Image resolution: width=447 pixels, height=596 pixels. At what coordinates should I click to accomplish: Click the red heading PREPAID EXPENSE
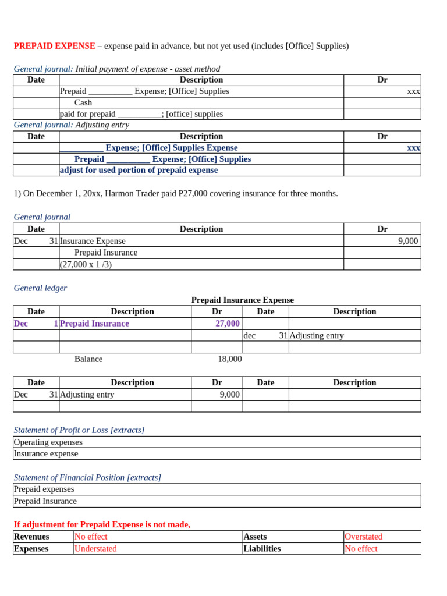(54, 46)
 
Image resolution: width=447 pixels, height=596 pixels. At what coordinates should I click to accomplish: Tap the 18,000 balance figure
(229, 359)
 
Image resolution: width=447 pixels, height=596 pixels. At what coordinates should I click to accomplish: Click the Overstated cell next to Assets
(363, 537)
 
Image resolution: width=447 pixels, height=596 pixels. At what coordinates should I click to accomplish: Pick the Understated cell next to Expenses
(95, 548)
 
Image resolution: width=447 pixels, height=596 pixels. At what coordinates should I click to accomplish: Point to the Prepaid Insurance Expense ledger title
(242, 300)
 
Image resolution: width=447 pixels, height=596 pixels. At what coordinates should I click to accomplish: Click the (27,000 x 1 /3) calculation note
(86, 264)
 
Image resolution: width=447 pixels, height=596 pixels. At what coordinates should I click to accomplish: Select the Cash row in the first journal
(83, 102)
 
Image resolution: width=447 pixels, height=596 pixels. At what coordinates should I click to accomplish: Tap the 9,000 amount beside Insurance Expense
(407, 241)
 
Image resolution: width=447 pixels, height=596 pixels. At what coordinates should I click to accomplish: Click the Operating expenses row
(48, 442)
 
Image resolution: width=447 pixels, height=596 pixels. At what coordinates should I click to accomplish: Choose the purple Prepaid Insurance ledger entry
(94, 324)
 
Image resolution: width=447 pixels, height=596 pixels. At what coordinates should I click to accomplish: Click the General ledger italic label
(40, 288)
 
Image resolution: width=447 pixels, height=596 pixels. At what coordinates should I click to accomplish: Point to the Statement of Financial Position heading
(87, 477)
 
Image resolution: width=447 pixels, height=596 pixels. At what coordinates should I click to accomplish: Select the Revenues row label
(31, 537)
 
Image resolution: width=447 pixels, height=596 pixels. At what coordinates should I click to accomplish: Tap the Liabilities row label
(262, 548)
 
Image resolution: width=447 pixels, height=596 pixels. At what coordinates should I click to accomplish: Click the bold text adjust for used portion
(139, 170)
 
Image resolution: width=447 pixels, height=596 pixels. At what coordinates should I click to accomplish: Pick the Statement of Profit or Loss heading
(79, 430)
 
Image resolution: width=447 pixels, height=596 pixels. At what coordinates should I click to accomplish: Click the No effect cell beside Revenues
(91, 537)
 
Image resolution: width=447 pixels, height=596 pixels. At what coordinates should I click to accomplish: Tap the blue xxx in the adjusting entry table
(413, 148)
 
